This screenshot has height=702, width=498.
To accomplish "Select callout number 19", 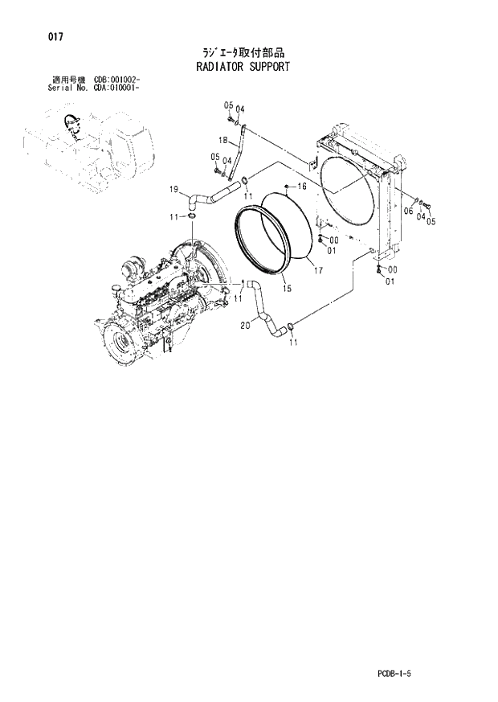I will pyautogui.click(x=173, y=190).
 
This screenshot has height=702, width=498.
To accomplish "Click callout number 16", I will pyautogui.click(x=302, y=187).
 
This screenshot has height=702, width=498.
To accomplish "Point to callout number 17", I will pyautogui.click(x=318, y=270).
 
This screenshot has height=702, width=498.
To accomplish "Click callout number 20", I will pyautogui.click(x=246, y=326).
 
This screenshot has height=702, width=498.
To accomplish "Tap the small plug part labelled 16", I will pyautogui.click(x=288, y=187).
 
